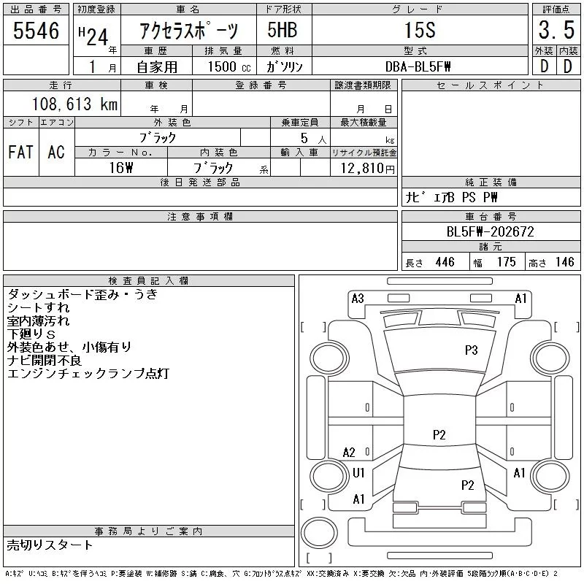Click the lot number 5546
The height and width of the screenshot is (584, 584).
[36, 31]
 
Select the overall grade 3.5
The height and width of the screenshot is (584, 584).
[555, 31]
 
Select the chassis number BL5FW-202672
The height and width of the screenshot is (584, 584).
[490, 232]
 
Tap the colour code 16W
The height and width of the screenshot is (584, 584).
[120, 167]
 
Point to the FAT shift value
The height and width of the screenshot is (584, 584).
[20, 152]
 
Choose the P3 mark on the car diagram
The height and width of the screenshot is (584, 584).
[471, 350]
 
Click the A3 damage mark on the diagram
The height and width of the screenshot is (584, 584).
[358, 298]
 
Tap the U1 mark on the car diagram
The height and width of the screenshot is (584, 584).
[358, 473]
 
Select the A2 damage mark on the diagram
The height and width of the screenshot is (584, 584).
[349, 453]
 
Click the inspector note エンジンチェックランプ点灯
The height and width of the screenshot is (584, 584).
[88, 374]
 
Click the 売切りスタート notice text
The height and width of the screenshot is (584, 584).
[50, 545]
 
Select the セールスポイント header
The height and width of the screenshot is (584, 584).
[490, 85]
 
